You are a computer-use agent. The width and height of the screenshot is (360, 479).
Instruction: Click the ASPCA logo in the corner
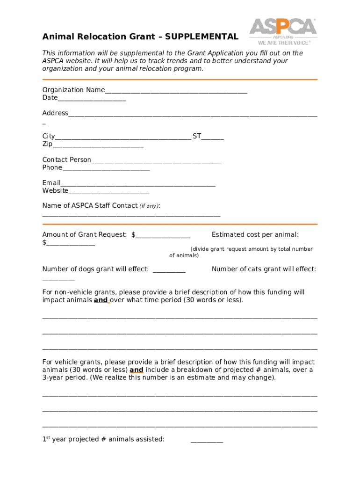coord(283,27)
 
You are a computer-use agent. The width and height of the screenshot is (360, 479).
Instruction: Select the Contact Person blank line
coord(156,161)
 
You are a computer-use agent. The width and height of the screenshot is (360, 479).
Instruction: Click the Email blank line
coord(138,184)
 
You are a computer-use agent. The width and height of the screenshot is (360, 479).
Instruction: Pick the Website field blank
coord(108,191)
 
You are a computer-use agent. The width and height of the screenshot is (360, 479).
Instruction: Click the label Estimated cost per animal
coord(255,235)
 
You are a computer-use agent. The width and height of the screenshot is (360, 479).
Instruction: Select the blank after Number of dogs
coord(169,270)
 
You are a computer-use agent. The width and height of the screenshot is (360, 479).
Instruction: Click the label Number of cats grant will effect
coord(264,269)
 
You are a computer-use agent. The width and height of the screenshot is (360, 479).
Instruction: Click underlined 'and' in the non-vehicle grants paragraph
coord(101,300)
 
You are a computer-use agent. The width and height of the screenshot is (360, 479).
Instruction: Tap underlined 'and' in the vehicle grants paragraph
coord(136,370)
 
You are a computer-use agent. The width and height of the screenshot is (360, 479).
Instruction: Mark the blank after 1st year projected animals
coord(207,440)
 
